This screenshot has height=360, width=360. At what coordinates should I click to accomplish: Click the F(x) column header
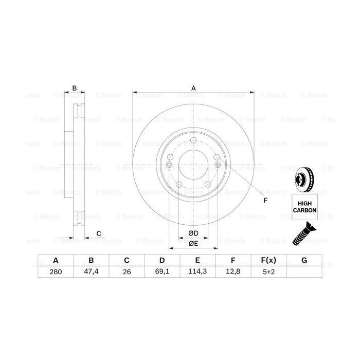[x=268, y=261]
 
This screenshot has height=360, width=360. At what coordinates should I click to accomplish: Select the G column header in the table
[x=304, y=261]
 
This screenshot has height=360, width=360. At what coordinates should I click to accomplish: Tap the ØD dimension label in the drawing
[x=193, y=233]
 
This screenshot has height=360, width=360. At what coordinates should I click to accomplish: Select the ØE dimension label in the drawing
[x=193, y=243]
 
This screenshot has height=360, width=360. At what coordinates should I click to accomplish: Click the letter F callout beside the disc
[x=265, y=200]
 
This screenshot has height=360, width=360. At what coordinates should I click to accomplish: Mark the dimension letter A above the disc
[x=194, y=88]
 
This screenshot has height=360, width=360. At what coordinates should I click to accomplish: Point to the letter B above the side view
[x=75, y=88]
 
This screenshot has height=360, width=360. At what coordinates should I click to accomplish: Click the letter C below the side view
[x=98, y=234]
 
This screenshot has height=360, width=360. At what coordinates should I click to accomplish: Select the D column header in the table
[x=161, y=261]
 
